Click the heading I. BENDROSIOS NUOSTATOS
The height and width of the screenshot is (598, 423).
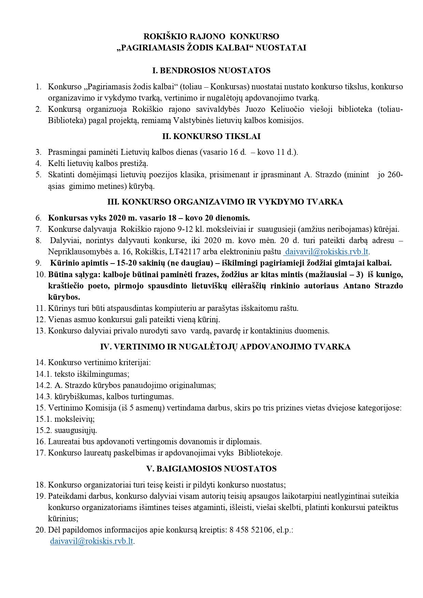coord(211,71)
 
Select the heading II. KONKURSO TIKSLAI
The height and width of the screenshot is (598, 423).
coord(211,136)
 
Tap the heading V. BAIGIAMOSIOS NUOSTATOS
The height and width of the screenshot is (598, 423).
coord(211,469)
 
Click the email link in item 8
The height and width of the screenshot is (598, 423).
coord(326,252)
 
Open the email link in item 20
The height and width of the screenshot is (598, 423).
coord(91,541)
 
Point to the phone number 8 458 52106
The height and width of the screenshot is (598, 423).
coord(251,530)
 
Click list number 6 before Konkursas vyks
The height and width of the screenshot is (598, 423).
coord(39,218)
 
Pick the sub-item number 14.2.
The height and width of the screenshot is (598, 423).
coord(44,386)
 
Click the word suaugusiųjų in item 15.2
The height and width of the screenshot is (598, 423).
coord(76,431)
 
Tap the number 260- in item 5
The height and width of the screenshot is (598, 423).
coord(395,175)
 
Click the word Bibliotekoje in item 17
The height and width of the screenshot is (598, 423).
coord(260,453)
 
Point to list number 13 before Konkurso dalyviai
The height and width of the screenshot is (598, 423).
coord(40,331)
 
